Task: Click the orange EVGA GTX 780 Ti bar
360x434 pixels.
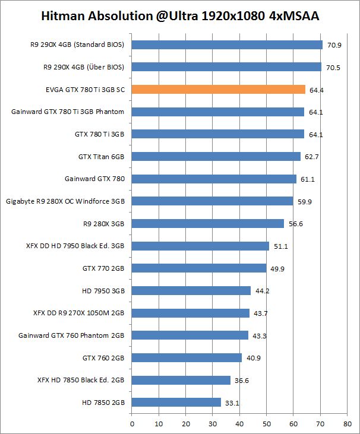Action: point(218,90)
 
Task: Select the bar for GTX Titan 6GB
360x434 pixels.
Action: point(216,157)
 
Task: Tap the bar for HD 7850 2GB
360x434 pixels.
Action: point(176,403)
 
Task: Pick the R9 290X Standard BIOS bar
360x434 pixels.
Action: point(227,45)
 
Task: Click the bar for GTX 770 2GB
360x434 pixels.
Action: point(198,268)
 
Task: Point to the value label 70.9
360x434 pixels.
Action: point(333,45)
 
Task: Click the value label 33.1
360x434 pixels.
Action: point(231,403)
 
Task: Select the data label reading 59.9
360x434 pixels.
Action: point(304,202)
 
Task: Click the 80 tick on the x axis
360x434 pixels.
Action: point(347,424)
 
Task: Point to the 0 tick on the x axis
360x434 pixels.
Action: point(132,424)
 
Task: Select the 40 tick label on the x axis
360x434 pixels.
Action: point(239,424)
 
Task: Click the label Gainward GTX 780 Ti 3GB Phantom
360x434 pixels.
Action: point(68,112)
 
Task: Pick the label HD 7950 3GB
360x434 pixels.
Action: point(103,291)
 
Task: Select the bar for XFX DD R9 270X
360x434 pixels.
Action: point(190,313)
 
